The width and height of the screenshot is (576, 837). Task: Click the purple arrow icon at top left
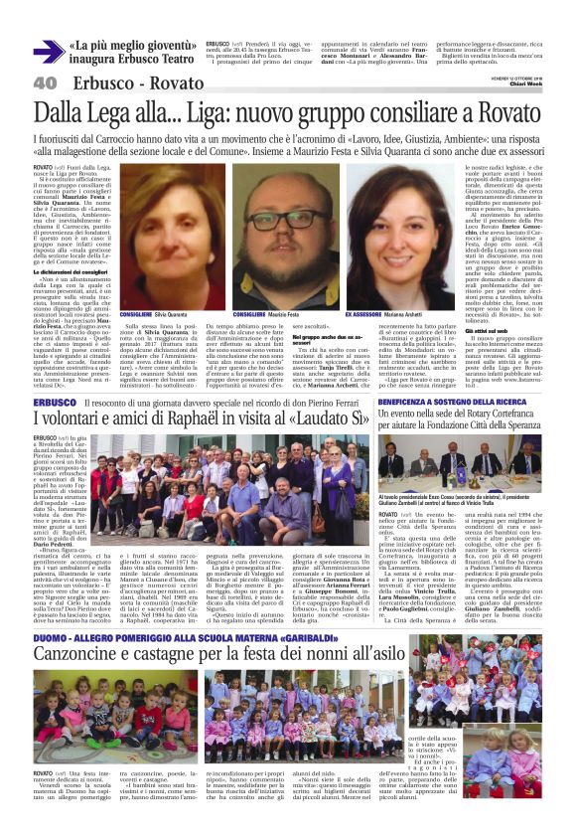click(47, 52)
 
